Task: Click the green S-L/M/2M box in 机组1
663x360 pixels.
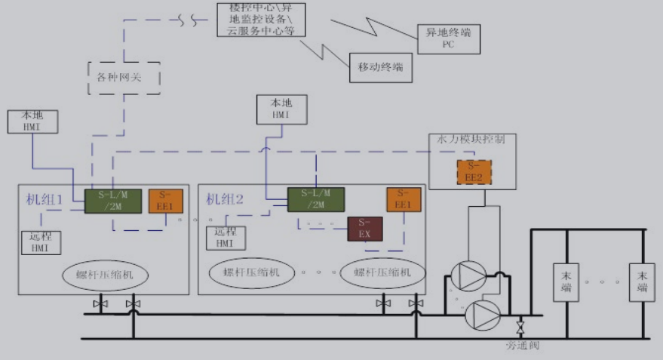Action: point(113,201)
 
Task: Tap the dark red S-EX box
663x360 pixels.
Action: point(365,229)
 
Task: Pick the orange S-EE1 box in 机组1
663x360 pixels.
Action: point(165,201)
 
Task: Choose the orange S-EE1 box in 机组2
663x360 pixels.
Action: point(404,199)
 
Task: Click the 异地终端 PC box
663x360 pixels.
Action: point(449,38)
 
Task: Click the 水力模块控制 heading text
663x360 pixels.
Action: point(472,140)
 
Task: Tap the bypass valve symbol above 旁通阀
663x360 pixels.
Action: point(520,327)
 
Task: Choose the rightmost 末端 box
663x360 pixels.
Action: point(643,281)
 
